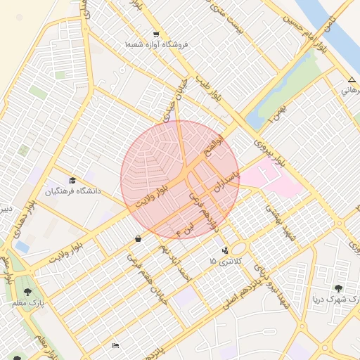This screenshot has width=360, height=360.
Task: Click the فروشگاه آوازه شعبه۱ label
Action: [162, 44]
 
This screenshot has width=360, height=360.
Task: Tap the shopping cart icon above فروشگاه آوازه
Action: [155, 34]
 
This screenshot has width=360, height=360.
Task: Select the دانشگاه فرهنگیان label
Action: [73, 191]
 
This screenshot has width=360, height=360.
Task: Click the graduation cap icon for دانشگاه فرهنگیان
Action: [72, 181]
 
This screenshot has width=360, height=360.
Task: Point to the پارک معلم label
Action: [28, 302]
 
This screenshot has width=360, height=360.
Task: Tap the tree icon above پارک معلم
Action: [28, 291]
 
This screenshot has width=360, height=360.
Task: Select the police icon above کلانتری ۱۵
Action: [225, 250]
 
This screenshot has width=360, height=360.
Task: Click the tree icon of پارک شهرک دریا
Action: [339, 288]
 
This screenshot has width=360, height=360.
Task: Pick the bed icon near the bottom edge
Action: [115, 345]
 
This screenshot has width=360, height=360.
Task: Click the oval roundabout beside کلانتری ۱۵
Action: [239, 249]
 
